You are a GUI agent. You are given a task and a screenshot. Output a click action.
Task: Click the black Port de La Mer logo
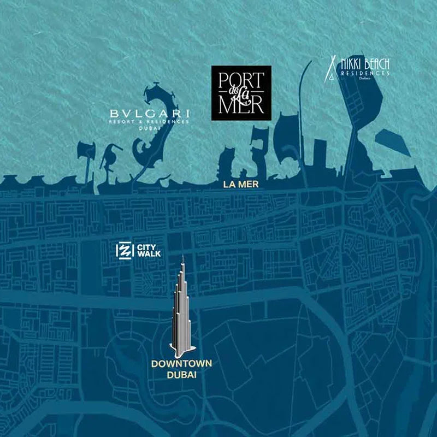[x=241, y=92]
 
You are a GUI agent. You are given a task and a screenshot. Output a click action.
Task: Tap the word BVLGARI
[x=149, y=113]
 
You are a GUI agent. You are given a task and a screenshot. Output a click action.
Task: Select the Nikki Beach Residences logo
[x=358, y=68]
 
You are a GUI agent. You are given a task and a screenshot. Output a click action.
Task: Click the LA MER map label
[x=241, y=185]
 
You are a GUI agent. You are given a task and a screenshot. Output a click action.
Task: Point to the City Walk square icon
[x=125, y=251]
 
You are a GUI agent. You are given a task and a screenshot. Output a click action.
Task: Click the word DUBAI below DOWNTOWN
[x=182, y=375]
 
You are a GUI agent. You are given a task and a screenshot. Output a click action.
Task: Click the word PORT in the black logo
[x=240, y=79]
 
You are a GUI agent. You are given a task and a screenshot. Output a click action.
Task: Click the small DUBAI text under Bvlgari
[x=149, y=128]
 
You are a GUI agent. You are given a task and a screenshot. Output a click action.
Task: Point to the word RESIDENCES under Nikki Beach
[x=364, y=72]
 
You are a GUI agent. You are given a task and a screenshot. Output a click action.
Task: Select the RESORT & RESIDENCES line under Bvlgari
[x=149, y=121]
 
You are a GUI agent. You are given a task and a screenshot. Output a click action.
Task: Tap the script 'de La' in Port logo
[x=240, y=92]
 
